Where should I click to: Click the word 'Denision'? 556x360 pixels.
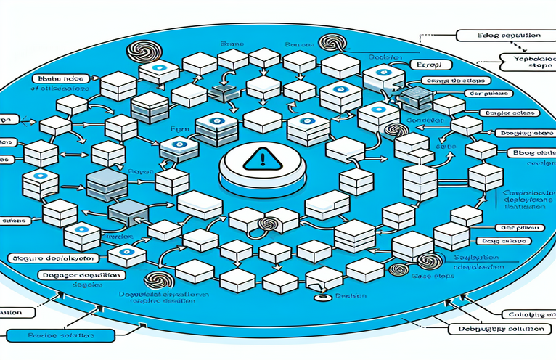[347, 295]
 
